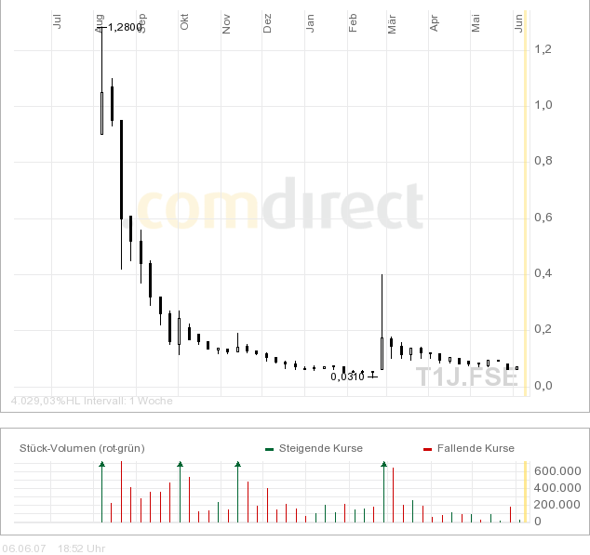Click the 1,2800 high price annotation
[x=125, y=27]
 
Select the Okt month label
[x=184, y=22]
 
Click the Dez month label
[x=267, y=22]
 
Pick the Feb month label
[x=353, y=22]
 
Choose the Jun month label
[x=519, y=22]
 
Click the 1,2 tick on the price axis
[x=543, y=48]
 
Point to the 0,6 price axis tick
[x=543, y=218]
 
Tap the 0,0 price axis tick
[x=543, y=386]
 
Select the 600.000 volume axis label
[x=556, y=471]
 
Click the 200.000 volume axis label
[x=556, y=505]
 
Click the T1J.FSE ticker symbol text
[x=466, y=377]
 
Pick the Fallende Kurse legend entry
[x=475, y=448]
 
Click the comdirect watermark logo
[x=280, y=206]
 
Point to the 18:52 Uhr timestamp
[x=81, y=548]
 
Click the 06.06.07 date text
[x=24, y=548]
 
